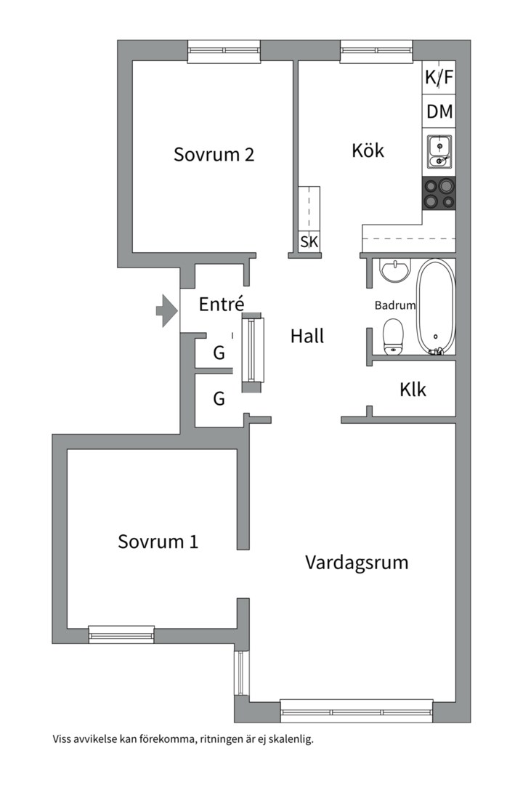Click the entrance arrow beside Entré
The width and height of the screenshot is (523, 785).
coord(166,311)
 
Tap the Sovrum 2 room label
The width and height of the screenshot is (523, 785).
coord(214,155)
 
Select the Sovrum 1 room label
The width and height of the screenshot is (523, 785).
coord(158,542)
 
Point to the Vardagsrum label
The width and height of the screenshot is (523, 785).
coord(357,563)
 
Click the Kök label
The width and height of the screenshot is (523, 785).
coord(368,151)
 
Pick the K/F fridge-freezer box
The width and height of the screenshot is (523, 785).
coord(439,78)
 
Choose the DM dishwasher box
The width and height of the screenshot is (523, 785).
coord(439,112)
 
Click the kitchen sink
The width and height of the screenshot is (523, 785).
coord(439,152)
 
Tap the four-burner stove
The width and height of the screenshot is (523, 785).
coord(439,194)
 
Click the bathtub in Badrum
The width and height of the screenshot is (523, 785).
coord(436,305)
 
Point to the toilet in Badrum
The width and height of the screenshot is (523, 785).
coord(393,336)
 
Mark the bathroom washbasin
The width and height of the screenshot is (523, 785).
coord(394,271)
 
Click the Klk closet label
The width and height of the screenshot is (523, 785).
coord(413,390)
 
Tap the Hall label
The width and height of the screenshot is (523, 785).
coord(307,337)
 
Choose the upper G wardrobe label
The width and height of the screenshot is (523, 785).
coord(219,354)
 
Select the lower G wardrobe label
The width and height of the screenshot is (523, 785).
coord(219,398)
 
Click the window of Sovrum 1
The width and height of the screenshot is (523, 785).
coord(121,635)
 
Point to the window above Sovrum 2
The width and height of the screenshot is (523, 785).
coord(224,50)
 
